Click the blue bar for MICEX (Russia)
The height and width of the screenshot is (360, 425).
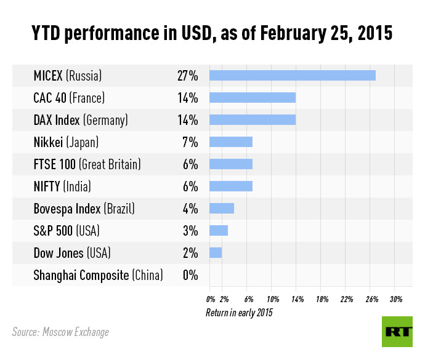point(293,75)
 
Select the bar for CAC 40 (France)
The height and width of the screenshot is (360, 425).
point(253,97)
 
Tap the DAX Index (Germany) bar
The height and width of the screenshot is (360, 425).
point(253,119)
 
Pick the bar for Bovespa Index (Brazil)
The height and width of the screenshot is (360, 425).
point(222,208)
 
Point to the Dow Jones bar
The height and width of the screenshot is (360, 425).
point(216,252)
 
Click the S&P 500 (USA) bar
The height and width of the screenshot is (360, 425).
point(219,230)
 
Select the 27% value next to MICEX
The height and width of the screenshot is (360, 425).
point(187,76)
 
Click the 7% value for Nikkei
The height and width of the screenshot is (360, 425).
point(190,142)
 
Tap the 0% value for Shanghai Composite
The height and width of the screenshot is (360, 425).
point(190,275)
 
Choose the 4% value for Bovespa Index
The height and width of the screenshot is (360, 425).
point(190,209)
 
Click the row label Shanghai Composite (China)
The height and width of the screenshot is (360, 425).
point(98,275)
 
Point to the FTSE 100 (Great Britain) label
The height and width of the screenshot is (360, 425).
point(87,164)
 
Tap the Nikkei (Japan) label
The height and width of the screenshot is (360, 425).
point(66,142)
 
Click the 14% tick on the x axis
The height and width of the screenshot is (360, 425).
point(297,299)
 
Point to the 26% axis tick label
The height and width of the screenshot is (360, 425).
point(371,299)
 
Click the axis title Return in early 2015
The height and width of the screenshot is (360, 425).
point(239,313)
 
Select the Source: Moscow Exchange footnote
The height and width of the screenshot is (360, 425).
point(60,332)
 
